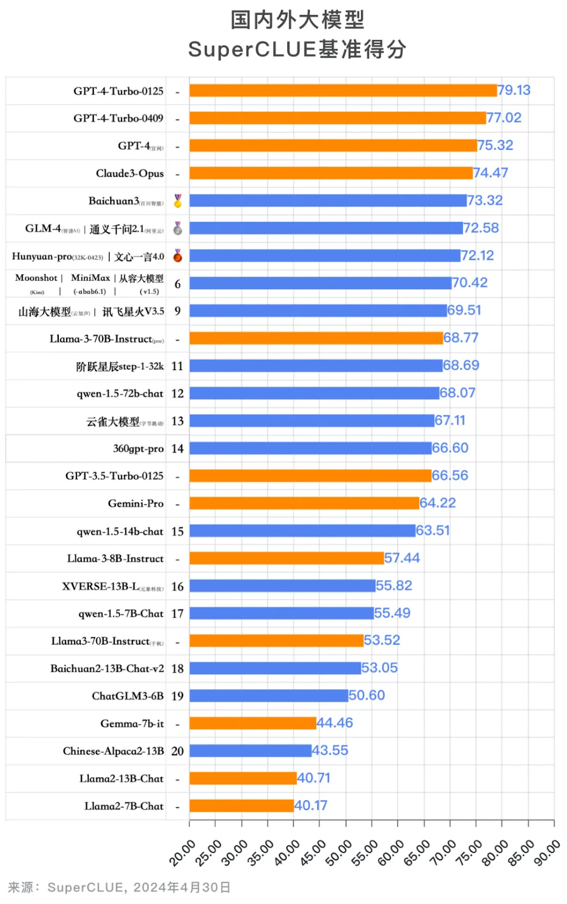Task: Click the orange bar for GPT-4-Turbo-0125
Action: [343, 90]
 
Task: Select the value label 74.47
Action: [490, 173]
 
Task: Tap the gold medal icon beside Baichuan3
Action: [178, 201]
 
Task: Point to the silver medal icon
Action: [178, 228]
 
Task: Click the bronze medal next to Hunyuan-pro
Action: [178, 256]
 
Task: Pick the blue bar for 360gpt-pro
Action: [310, 448]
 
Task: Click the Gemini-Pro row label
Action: [136, 503]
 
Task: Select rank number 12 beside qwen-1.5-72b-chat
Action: [178, 393]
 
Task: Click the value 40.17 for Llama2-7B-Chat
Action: [310, 806]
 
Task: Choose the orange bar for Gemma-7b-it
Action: [253, 723]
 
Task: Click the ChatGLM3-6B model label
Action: [128, 696]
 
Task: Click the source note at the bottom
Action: [119, 887]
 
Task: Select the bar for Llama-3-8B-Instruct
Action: [287, 558]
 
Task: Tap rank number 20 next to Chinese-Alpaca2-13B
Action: [178, 751]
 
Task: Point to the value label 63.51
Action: [432, 531]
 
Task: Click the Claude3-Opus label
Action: [129, 173]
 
